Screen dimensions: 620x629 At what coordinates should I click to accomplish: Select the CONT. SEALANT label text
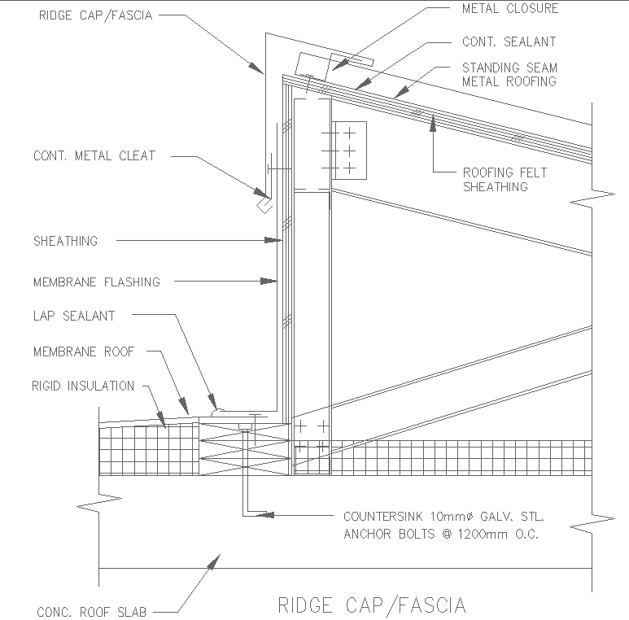(509, 41)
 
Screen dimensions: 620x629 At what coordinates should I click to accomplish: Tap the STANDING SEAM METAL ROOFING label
(509, 74)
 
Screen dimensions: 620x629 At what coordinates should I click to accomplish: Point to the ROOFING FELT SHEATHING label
(505, 179)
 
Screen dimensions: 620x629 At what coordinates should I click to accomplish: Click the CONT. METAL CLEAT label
(94, 155)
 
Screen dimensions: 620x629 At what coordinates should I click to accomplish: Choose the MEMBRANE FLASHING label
(97, 282)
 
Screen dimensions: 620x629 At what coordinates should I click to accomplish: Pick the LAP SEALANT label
(74, 316)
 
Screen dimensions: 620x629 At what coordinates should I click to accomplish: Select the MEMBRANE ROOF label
(84, 351)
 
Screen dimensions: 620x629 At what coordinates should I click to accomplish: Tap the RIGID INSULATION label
(83, 386)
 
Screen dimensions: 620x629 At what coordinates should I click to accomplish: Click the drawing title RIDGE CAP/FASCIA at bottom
(372, 605)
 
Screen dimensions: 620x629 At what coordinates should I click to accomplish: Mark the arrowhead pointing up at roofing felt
(434, 120)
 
